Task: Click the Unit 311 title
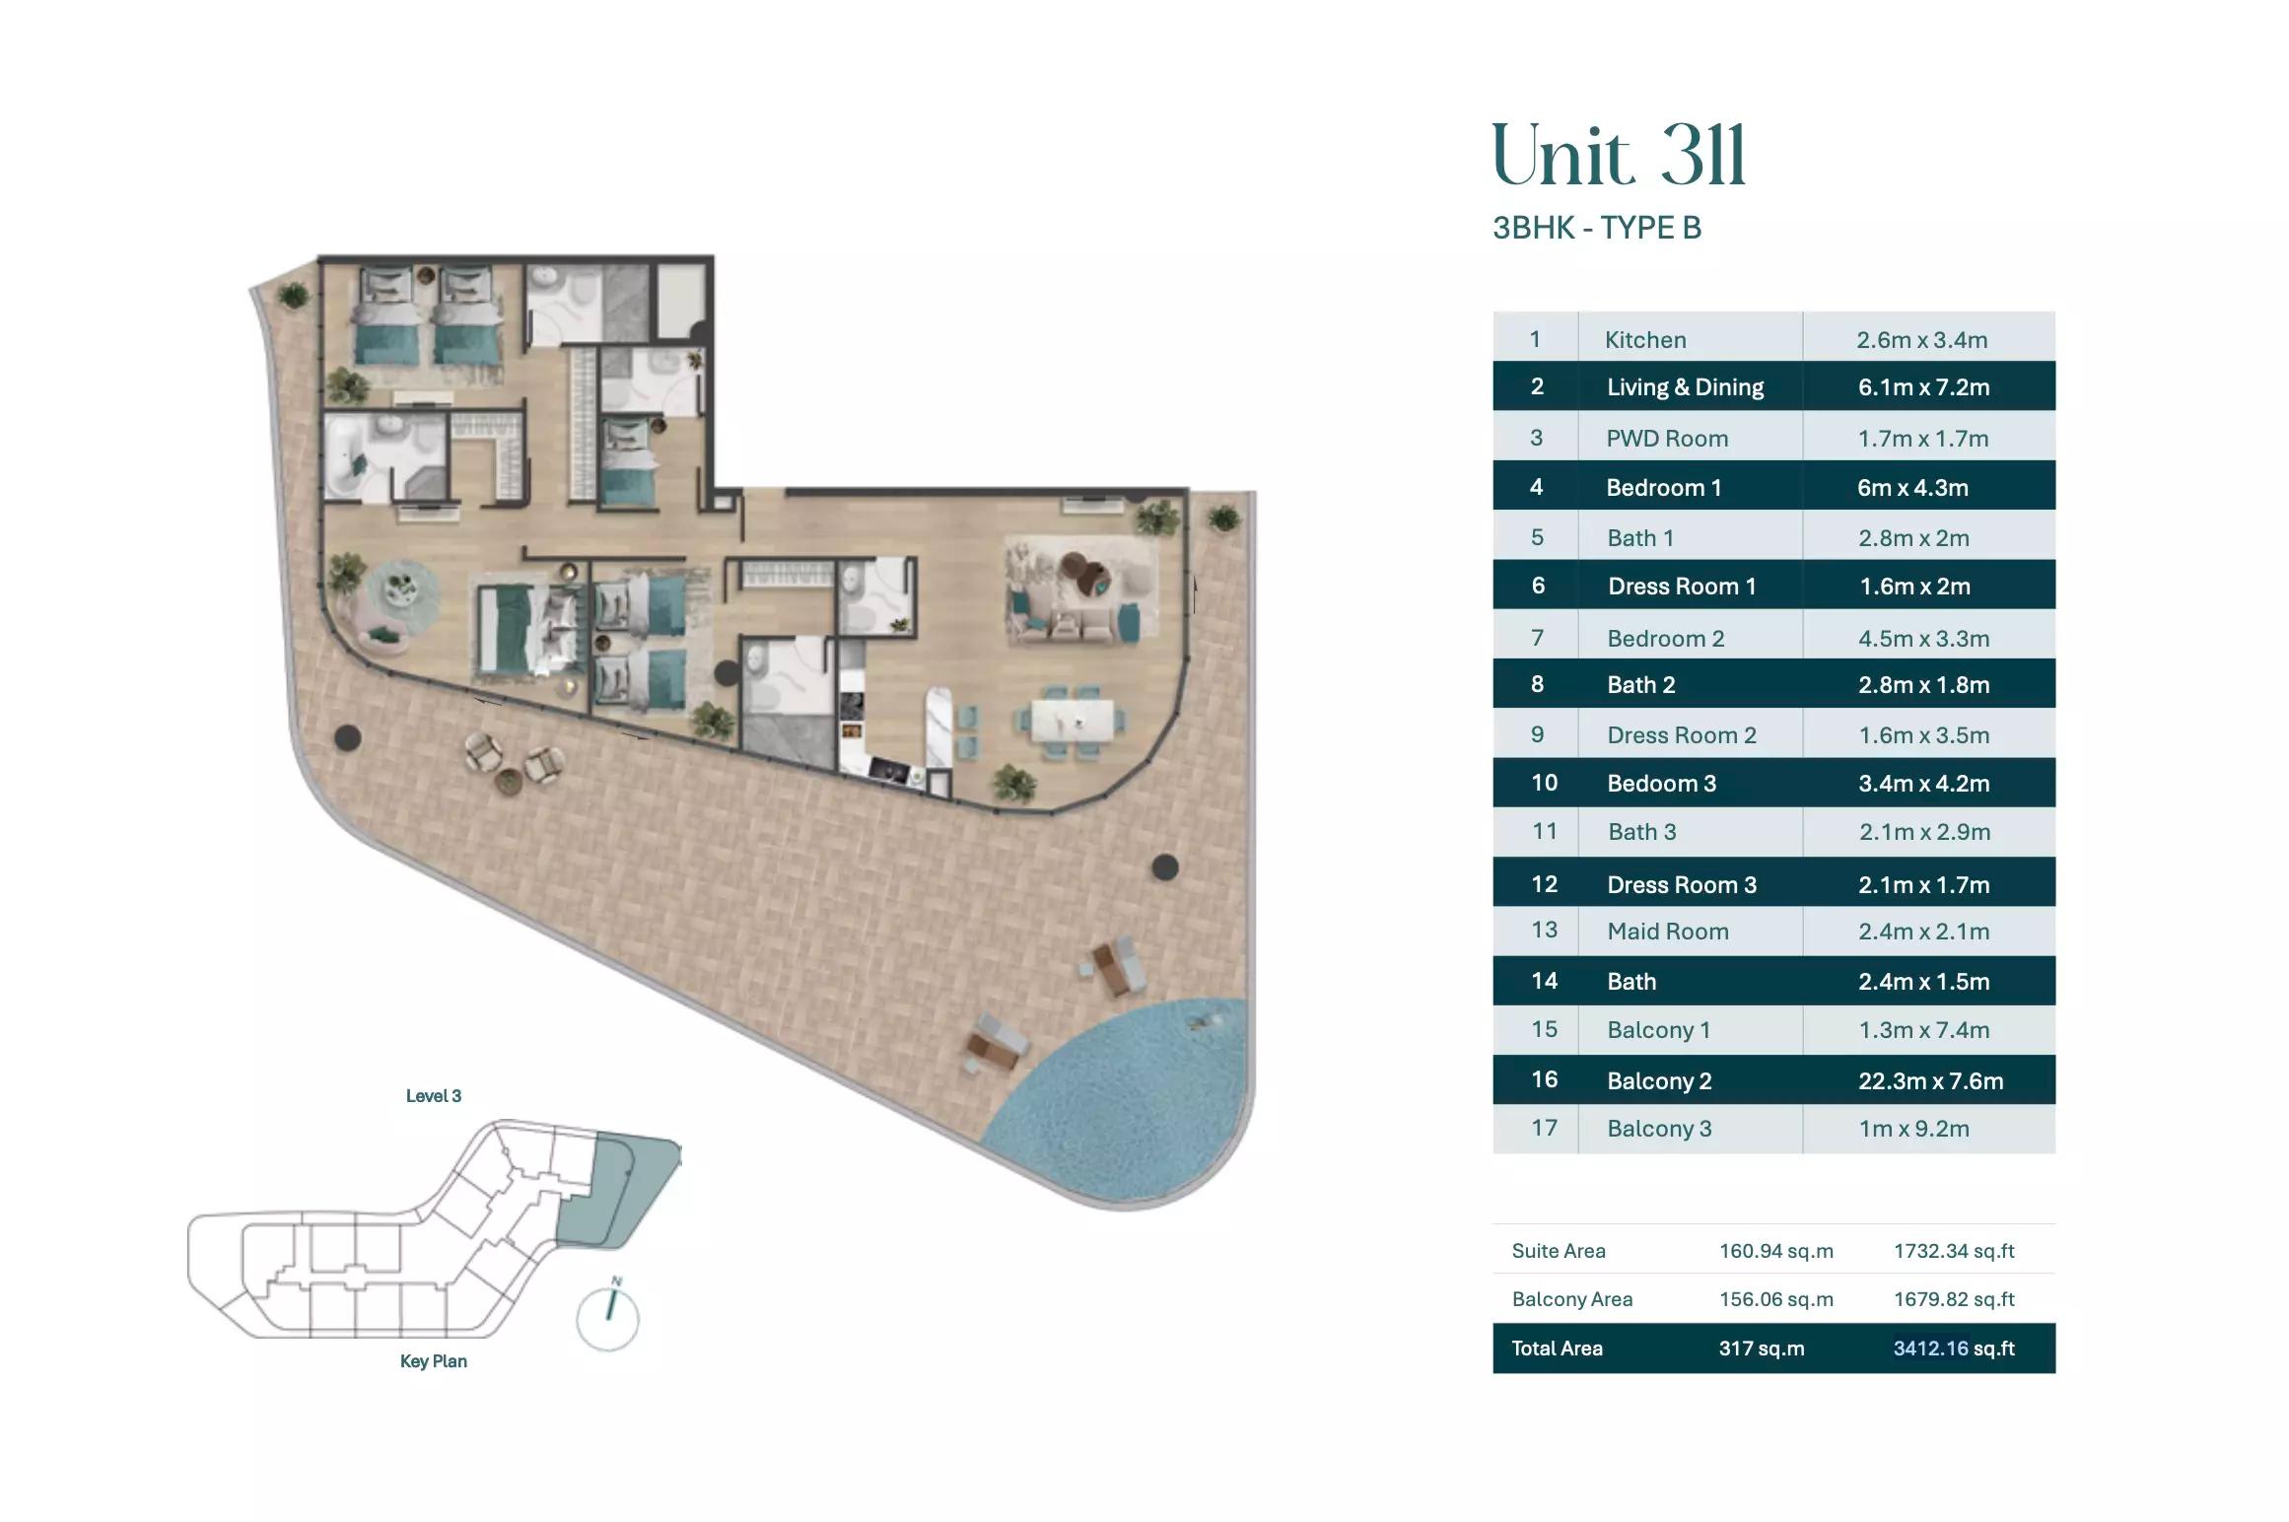[1618, 156]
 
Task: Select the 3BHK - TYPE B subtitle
[1596, 228]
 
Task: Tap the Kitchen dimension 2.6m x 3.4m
[1921, 340]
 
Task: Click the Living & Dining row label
[1685, 387]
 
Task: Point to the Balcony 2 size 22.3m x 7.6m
[1930, 1080]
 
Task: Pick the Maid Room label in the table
[1667, 932]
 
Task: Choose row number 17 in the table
[1544, 1128]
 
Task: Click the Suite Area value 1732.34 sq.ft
[1953, 1251]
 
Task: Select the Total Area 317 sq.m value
[1762, 1349]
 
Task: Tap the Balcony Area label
[1571, 1299]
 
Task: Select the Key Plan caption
[433, 1361]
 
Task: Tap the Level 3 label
[433, 1096]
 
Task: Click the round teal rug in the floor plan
[403, 591]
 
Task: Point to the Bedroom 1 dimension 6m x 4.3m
[1912, 488]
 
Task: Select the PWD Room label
[1666, 439]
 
